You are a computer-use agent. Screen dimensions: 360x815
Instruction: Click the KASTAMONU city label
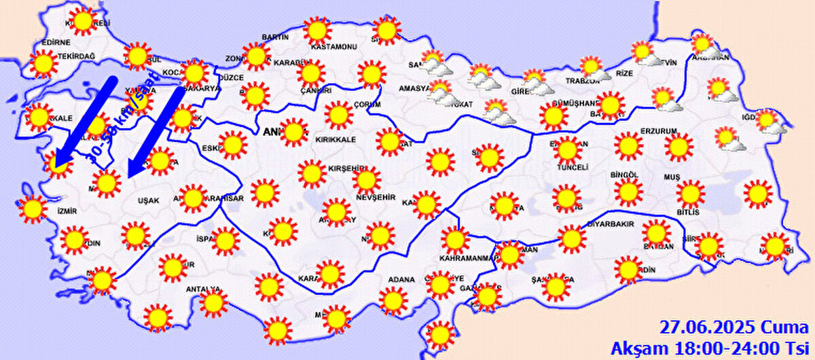click(x=333, y=47)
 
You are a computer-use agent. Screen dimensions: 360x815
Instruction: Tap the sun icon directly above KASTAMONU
click(x=316, y=30)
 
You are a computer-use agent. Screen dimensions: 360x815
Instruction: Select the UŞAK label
click(x=148, y=201)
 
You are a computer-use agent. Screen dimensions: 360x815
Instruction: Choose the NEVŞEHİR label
click(x=376, y=196)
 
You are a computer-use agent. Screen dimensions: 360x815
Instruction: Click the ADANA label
click(x=401, y=279)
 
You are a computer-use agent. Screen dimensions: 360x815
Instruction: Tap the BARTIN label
click(x=274, y=36)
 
